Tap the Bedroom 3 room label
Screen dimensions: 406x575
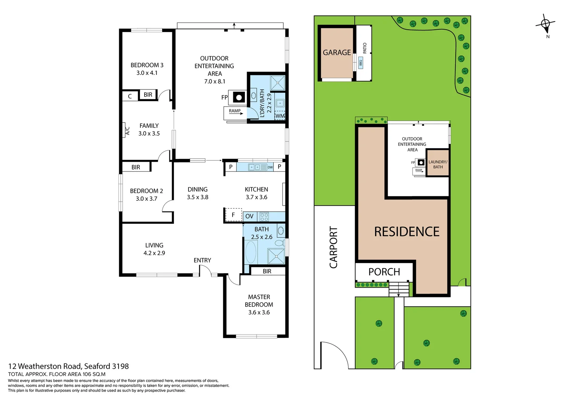click(x=147, y=65)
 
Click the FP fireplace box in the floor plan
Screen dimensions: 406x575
click(x=239, y=98)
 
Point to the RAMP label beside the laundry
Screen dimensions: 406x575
click(x=235, y=111)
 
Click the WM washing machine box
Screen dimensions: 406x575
click(x=280, y=116)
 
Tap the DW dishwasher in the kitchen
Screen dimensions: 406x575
click(x=270, y=167)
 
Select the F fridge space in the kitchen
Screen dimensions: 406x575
click(x=233, y=215)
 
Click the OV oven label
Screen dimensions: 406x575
click(x=249, y=216)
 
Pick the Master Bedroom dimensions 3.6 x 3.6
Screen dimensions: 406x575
click(x=259, y=312)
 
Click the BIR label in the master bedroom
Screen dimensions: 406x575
click(x=267, y=271)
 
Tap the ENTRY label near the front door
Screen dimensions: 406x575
click(x=202, y=260)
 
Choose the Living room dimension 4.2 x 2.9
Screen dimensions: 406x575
click(x=154, y=253)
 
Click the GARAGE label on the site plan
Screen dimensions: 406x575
click(x=337, y=53)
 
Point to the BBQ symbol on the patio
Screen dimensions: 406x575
click(x=360, y=62)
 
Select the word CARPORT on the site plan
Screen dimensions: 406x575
click(x=333, y=247)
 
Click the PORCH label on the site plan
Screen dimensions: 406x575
click(x=384, y=272)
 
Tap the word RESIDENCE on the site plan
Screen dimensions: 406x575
click(x=406, y=232)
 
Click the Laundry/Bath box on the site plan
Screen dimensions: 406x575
click(x=438, y=164)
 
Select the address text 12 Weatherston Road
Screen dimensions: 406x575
click(x=44, y=366)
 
